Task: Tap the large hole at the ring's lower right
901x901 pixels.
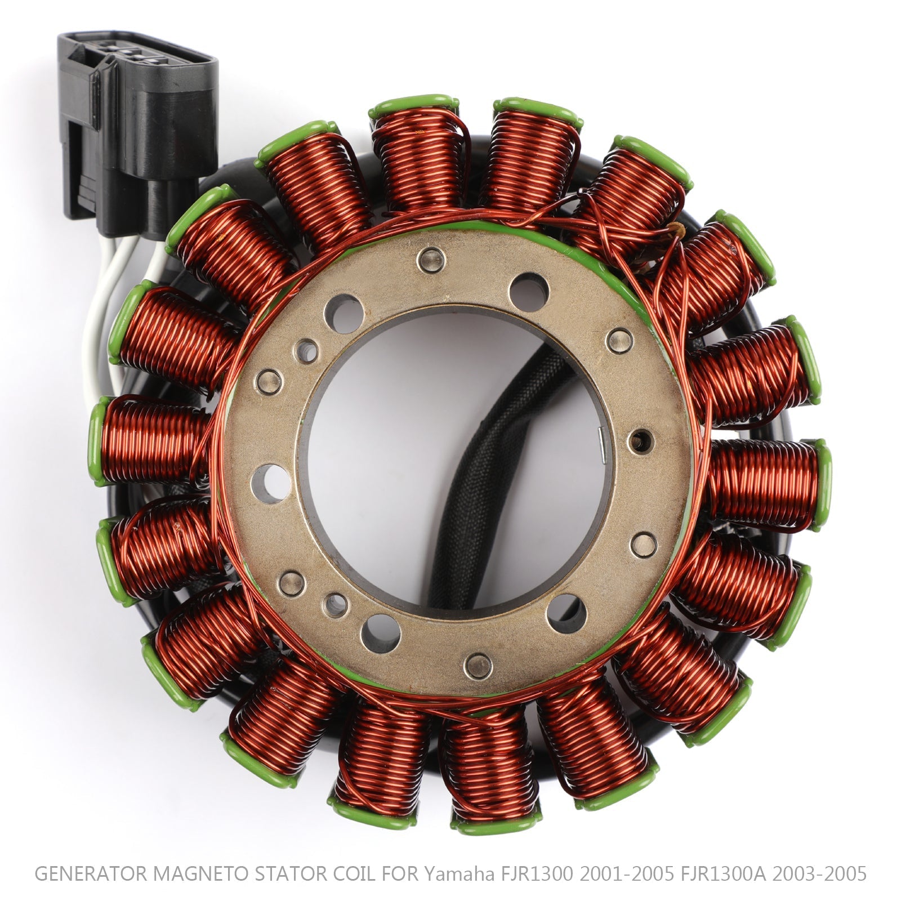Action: [x=566, y=613]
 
